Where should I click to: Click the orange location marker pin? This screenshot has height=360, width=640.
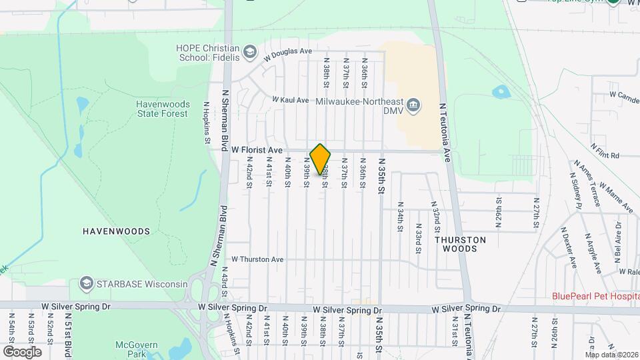click(321, 159)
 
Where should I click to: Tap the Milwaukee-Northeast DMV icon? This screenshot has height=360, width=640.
click(413, 105)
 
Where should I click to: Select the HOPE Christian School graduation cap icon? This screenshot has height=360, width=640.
click(249, 52)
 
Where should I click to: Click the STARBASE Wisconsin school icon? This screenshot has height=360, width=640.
click(86, 284)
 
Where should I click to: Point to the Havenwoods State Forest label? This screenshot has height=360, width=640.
click(163, 109)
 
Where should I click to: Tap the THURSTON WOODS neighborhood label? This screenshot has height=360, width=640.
click(460, 243)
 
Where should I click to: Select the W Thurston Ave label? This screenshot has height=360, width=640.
click(257, 259)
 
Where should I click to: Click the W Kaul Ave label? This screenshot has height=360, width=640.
click(290, 100)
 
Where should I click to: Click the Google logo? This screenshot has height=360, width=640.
click(22, 351)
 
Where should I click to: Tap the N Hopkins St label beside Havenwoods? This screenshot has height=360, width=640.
click(207, 123)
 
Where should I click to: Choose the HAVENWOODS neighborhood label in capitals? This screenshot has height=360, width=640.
click(116, 231)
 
